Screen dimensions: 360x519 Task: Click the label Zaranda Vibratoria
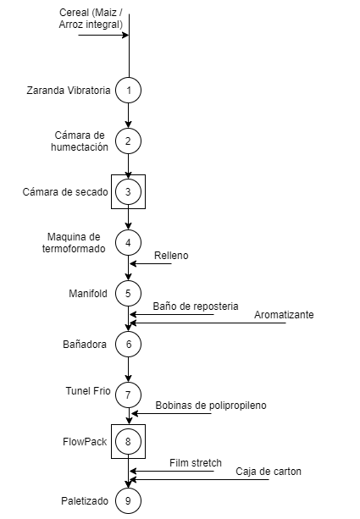tap(69, 91)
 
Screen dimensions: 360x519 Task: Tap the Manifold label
tap(88, 294)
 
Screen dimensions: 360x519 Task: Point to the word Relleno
tap(171, 256)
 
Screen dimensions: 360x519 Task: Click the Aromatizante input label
tap(284, 314)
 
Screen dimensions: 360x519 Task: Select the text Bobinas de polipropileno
tap(211, 406)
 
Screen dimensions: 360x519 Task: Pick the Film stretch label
tap(196, 463)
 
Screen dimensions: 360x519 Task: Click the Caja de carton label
tap(269, 472)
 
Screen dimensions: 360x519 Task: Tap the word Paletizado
tap(85, 501)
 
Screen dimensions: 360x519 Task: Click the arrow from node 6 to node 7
tap(128, 369)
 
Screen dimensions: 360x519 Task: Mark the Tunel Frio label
tap(88, 391)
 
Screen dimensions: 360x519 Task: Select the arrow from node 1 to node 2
tap(128, 115)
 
